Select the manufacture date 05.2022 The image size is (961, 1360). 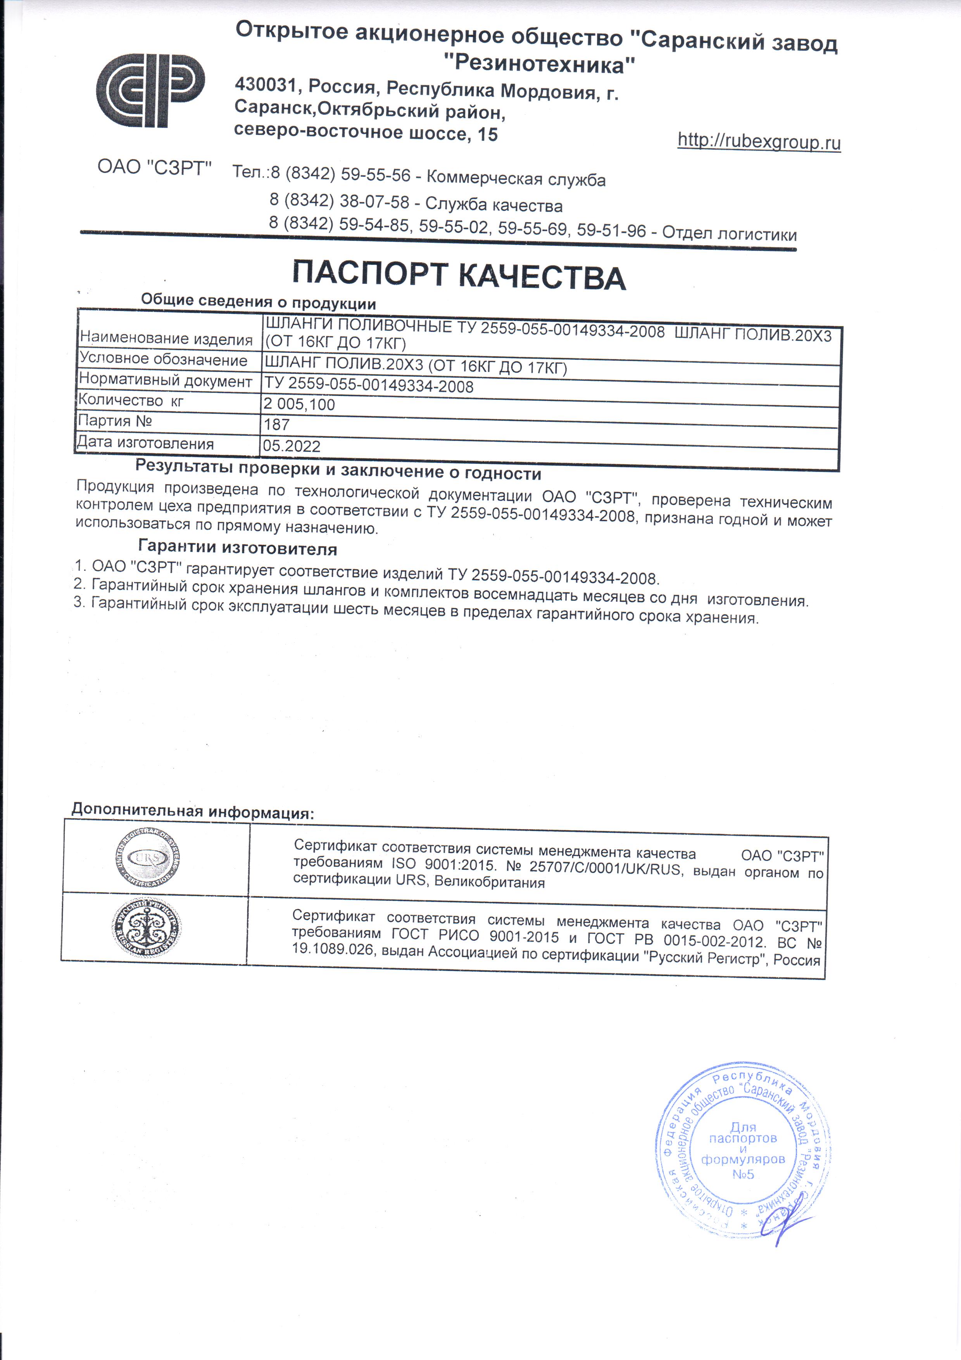(291, 446)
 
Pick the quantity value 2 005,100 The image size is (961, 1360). (299, 404)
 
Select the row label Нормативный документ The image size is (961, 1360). (165, 380)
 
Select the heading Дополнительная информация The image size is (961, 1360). (192, 811)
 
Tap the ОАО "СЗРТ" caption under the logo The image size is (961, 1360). (154, 168)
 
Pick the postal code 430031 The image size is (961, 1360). (265, 85)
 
